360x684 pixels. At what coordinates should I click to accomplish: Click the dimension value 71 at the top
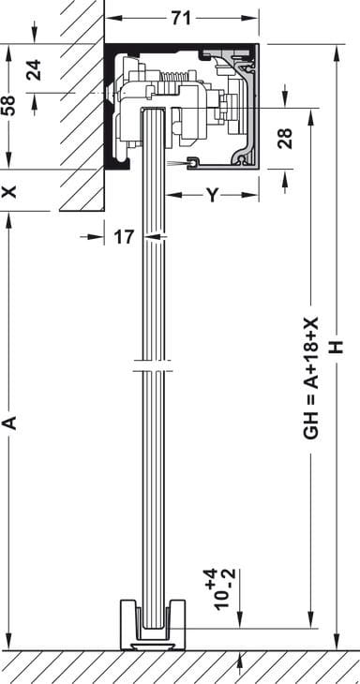(x=181, y=19)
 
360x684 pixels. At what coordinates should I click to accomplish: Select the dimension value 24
(x=34, y=69)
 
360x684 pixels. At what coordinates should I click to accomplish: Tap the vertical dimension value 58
(x=8, y=106)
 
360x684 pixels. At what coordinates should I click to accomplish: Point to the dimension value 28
(x=285, y=139)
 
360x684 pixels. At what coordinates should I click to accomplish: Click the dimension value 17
(x=124, y=237)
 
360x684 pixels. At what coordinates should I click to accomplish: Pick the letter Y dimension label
(x=212, y=196)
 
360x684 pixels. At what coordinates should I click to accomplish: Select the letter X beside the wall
(x=9, y=191)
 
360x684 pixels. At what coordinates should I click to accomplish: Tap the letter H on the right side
(x=337, y=347)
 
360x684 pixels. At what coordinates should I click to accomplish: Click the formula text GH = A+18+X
(x=310, y=378)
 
